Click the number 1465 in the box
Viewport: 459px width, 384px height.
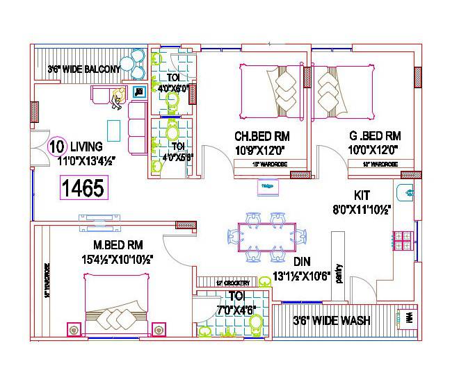coord(83,187)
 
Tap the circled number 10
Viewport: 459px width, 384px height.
coord(57,147)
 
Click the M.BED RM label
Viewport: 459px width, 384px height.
coord(118,245)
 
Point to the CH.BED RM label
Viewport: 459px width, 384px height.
coord(261,136)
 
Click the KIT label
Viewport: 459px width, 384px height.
coord(362,196)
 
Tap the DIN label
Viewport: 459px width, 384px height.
coord(301,262)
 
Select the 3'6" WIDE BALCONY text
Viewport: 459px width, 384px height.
coord(84,69)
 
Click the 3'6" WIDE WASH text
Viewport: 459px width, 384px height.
coord(331,321)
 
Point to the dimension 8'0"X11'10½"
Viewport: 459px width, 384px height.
coord(362,208)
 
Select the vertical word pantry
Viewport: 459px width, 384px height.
coord(339,272)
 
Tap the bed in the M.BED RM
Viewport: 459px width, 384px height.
coord(116,304)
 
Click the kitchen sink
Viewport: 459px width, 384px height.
coord(408,192)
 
